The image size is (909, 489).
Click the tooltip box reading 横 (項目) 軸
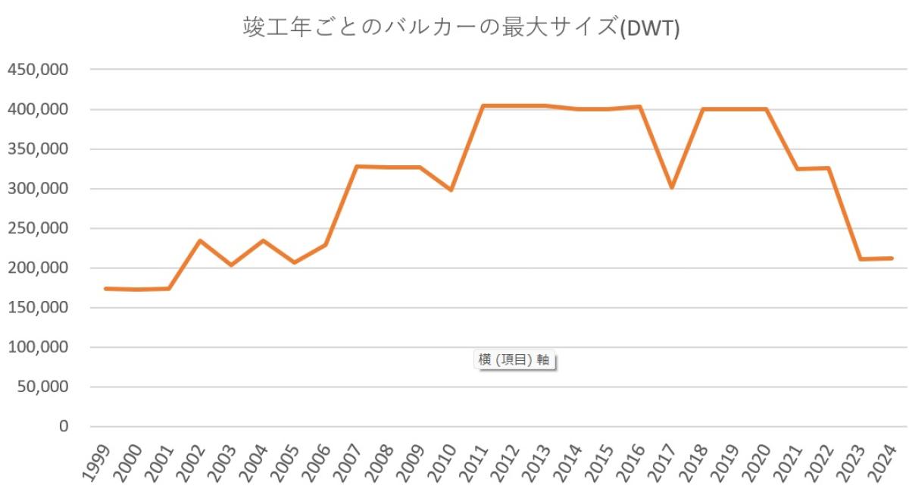514,360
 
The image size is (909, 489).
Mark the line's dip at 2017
672,187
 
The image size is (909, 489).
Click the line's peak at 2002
200,241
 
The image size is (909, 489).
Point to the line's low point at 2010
451,190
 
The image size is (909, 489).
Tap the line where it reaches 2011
483,106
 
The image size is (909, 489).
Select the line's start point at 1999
105,289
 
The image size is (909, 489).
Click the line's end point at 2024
892,259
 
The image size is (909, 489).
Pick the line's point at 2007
357,166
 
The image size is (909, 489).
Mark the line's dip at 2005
294,262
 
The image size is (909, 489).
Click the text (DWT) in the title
649,30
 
